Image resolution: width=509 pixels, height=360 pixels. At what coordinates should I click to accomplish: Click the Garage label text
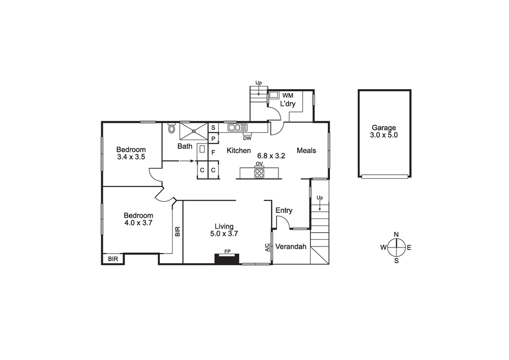(x=384, y=128)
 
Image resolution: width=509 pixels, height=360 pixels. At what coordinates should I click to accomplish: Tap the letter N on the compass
(x=396, y=235)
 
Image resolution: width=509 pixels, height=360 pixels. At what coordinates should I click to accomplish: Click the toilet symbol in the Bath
(x=171, y=129)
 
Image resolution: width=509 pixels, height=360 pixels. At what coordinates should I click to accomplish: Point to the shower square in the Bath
(x=193, y=131)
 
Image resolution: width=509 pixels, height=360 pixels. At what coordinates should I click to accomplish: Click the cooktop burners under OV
(x=259, y=173)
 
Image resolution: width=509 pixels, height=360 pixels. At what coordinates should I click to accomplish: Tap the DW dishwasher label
(x=247, y=138)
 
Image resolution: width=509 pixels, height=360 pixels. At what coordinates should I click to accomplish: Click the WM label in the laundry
(x=288, y=95)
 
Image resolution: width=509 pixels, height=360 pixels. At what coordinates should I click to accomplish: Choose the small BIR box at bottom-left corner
(x=113, y=259)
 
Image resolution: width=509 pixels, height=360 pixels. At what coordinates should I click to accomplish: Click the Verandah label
(x=291, y=247)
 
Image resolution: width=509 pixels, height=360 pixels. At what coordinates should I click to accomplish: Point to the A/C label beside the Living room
(x=267, y=247)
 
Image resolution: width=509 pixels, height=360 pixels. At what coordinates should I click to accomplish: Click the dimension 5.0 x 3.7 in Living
(x=224, y=234)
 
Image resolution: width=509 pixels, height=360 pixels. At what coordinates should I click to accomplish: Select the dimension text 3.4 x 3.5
(x=131, y=157)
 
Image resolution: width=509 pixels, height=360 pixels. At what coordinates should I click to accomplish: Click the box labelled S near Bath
(x=213, y=127)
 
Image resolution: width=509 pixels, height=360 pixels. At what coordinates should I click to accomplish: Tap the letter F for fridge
(x=213, y=152)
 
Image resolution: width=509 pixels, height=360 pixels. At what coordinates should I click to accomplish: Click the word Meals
(x=306, y=150)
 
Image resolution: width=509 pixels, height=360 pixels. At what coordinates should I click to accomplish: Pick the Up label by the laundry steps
(x=259, y=82)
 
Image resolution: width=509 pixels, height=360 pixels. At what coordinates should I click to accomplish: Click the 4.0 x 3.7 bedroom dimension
(x=138, y=223)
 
